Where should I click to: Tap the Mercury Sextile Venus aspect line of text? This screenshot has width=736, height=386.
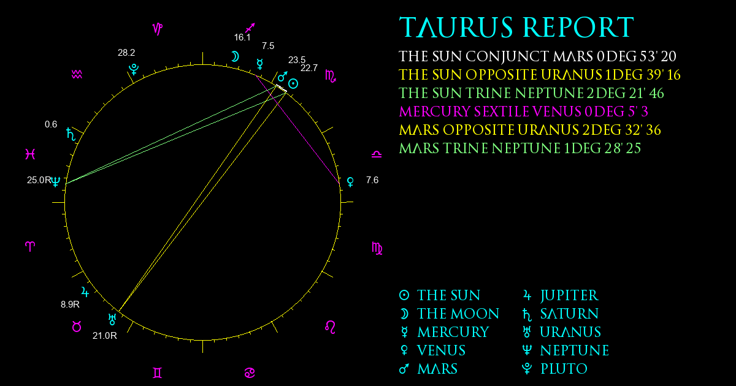tap(523, 112)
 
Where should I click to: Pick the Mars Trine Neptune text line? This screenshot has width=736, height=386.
tap(520, 148)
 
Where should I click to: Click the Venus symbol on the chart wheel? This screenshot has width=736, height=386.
tap(351, 182)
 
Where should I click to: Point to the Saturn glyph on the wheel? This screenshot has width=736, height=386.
tap(71, 134)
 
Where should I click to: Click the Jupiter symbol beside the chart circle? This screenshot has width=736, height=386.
tap(85, 292)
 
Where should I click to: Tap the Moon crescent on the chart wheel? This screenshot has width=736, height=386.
tap(235, 57)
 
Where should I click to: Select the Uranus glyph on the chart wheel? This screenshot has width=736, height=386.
tap(112, 319)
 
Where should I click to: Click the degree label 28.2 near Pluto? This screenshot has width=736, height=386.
tap(126, 53)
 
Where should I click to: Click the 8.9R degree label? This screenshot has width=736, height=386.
tap(70, 305)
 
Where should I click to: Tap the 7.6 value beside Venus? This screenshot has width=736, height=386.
tap(372, 180)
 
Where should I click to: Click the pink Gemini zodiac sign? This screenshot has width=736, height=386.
tap(158, 373)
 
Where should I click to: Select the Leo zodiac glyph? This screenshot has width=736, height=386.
tap(330, 327)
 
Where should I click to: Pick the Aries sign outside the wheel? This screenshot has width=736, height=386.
tap(30, 246)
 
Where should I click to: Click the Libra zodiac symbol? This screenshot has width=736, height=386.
tap(377, 154)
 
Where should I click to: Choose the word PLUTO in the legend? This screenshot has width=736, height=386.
tap(564, 369)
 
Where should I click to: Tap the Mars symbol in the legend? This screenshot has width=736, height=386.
tap(404, 369)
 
